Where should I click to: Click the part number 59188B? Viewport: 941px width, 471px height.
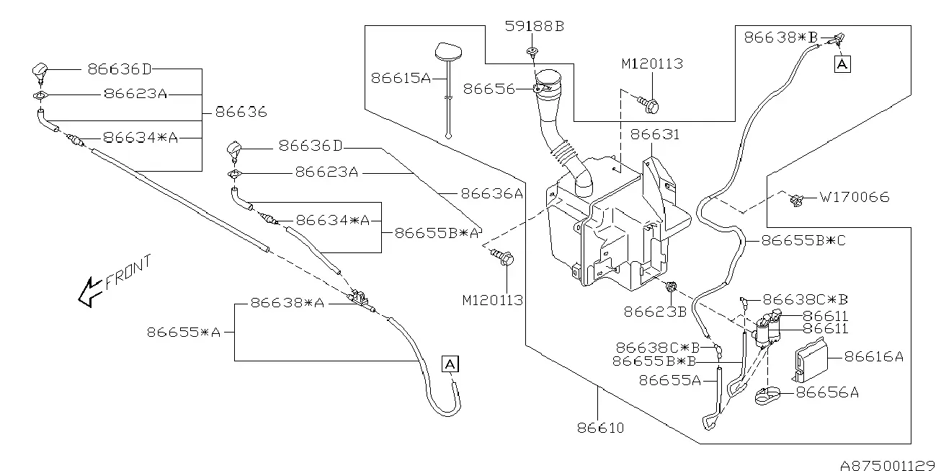[535, 27]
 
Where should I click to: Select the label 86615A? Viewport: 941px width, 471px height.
[401, 78]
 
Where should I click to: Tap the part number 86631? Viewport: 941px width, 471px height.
[655, 135]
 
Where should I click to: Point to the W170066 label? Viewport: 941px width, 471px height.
[855, 197]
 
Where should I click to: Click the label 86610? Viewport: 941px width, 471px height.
[601, 428]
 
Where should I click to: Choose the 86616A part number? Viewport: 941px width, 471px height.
[874, 357]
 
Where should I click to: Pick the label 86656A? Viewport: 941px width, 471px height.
[827, 393]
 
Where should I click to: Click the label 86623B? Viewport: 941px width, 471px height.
[655, 312]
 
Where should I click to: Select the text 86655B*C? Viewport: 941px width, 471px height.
[803, 240]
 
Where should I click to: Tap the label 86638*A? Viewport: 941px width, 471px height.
[287, 303]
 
